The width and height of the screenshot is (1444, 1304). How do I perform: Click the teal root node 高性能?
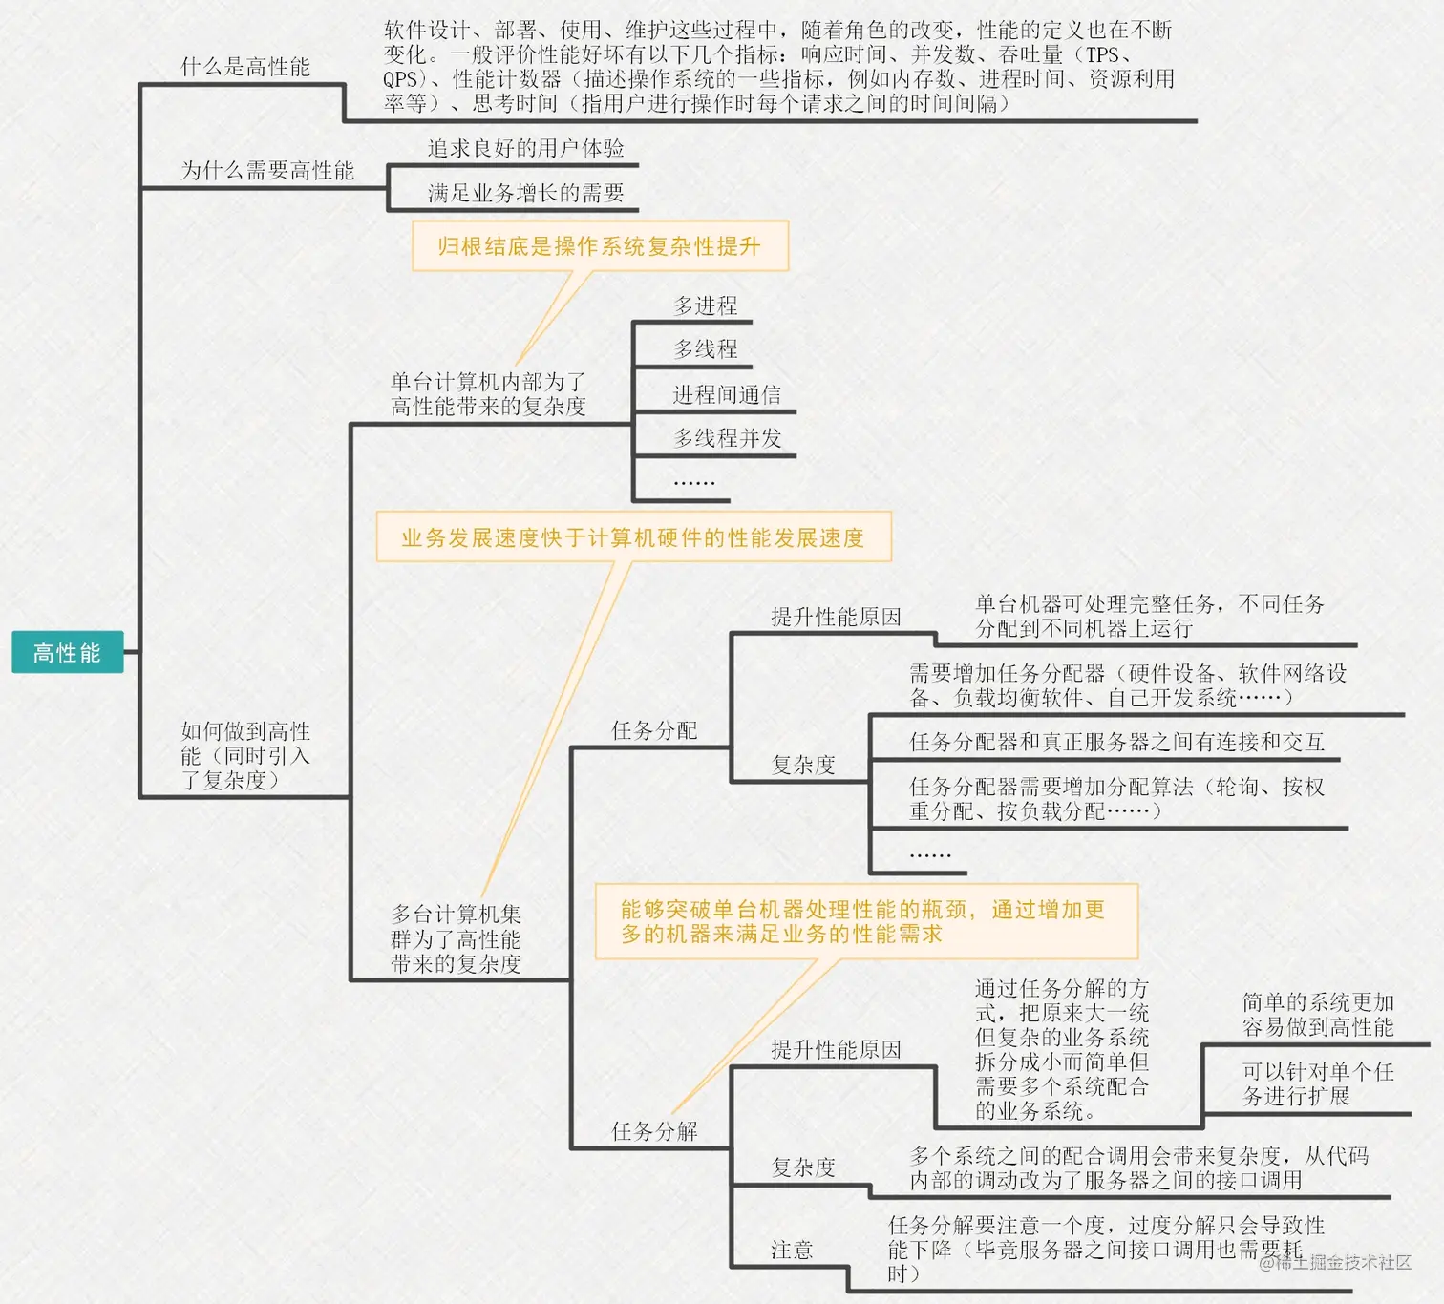point(67,653)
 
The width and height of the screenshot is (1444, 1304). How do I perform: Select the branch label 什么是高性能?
point(245,67)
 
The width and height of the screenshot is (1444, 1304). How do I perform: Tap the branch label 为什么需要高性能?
point(267,171)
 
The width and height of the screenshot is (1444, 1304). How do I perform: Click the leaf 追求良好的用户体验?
point(525,149)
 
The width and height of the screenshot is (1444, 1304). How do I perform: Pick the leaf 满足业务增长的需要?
point(525,194)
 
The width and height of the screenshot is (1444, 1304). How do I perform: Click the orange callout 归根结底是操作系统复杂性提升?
point(600,246)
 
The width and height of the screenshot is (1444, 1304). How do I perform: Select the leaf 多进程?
point(706,306)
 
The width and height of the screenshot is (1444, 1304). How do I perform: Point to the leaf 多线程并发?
point(728,438)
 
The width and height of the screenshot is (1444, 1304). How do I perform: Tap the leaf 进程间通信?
point(727,394)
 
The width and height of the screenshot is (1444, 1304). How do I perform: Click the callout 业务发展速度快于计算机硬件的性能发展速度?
point(632,537)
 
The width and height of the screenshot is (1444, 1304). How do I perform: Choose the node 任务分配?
point(654,731)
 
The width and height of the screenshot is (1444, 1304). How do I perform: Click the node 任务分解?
point(654,1132)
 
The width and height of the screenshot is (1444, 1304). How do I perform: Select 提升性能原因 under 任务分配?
point(836,618)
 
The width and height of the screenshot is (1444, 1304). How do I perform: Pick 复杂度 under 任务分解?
point(803,1167)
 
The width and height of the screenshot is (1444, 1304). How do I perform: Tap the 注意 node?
point(792,1251)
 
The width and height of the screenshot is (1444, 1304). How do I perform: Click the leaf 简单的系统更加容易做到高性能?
point(1318,1015)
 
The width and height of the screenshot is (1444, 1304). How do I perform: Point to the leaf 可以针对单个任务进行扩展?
point(1318,1083)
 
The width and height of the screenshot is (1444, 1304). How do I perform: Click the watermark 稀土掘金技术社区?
point(1342,1262)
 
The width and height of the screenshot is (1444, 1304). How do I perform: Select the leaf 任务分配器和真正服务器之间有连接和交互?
point(1116,742)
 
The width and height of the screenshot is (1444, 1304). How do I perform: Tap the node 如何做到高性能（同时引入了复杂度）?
point(245,756)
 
